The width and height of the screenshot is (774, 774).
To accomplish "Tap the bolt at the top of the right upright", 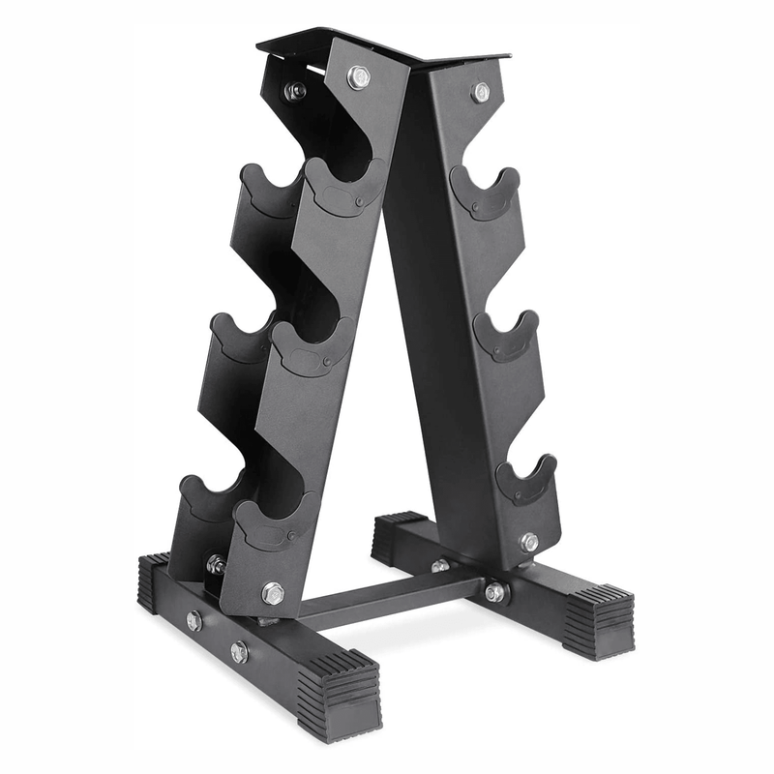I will (x=480, y=92).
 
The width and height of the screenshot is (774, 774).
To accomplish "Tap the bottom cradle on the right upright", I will (x=526, y=480).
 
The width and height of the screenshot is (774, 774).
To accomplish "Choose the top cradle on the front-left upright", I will (x=342, y=186).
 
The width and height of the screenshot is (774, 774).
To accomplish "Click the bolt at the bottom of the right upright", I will (x=529, y=542).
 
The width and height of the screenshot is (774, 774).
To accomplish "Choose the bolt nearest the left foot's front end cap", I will (x=239, y=652).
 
